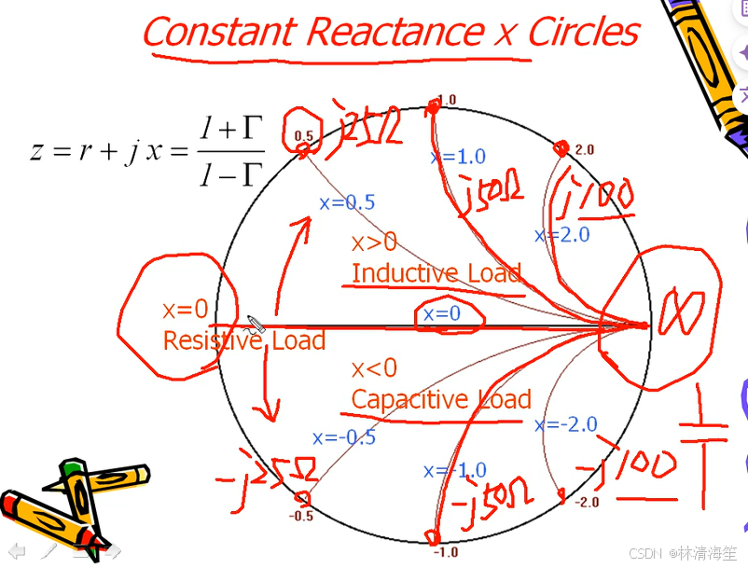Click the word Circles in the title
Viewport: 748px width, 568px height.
click(582, 32)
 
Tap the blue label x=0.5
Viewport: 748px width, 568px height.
click(347, 202)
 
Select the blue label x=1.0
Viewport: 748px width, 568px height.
click(458, 157)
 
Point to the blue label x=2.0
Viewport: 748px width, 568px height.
click(561, 234)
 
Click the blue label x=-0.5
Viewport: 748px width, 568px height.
click(344, 436)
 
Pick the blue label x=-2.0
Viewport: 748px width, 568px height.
click(565, 424)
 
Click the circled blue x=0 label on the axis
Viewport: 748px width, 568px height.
click(442, 314)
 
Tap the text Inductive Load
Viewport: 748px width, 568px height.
click(436, 273)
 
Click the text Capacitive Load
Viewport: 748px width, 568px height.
click(440, 399)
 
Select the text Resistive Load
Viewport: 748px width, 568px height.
click(243, 340)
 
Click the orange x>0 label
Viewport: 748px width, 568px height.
click(373, 242)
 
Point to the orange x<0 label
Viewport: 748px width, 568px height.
click(373, 368)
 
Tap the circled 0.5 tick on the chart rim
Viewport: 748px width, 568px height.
click(303, 135)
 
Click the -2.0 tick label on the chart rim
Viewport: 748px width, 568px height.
click(586, 502)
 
